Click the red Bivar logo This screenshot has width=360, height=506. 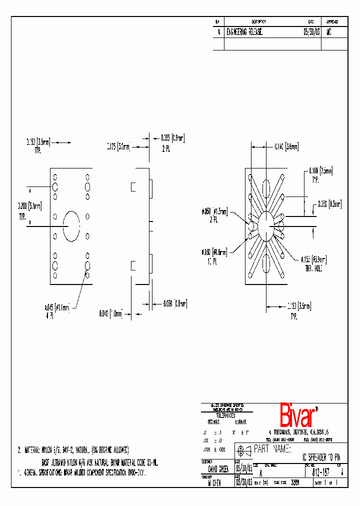click(298, 415)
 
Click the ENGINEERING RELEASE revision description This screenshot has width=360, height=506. click(245, 31)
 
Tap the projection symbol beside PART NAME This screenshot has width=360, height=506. click(244, 449)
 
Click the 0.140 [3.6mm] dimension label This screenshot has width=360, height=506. click(286, 146)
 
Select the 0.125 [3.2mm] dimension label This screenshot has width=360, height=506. click(118, 146)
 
